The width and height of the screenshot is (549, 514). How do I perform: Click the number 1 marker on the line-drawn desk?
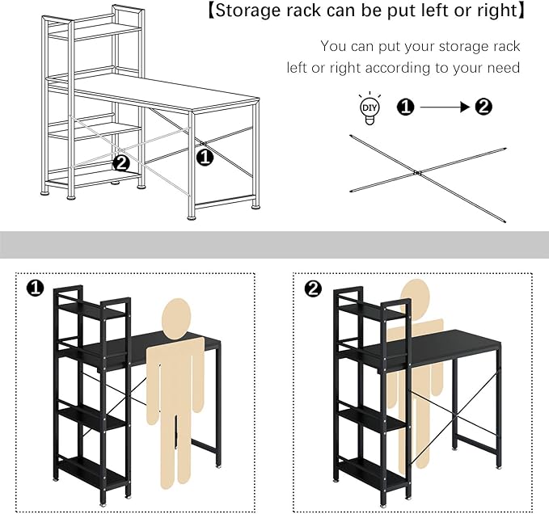tap(205, 157)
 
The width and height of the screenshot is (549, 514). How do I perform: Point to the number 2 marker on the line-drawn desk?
tap(121, 162)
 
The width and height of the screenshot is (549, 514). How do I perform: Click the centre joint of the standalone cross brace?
tap(418, 172)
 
